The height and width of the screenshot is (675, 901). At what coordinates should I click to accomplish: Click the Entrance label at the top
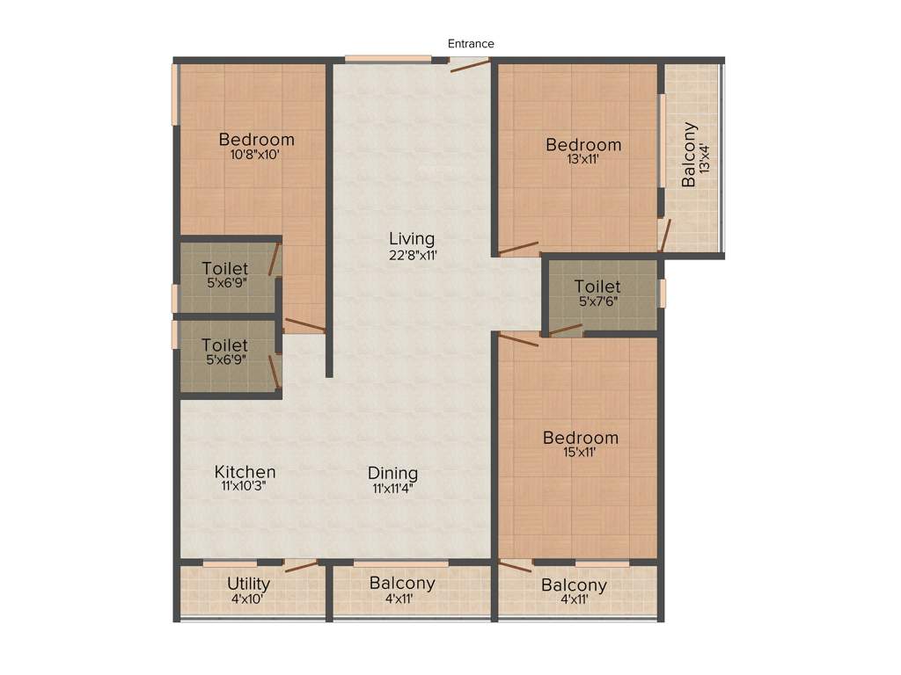pyautogui.click(x=471, y=43)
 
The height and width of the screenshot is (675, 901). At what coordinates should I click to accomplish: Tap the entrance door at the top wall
pyautogui.click(x=469, y=63)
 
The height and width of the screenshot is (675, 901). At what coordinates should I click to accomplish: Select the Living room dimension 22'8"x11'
pyautogui.click(x=412, y=255)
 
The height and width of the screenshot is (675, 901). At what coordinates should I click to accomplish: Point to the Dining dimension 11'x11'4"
pyautogui.click(x=392, y=490)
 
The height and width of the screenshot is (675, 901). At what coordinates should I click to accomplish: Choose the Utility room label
pyautogui.click(x=248, y=584)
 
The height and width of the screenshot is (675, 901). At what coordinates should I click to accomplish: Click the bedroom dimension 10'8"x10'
pyautogui.click(x=256, y=155)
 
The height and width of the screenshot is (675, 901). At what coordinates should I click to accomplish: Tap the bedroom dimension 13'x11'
pyautogui.click(x=582, y=160)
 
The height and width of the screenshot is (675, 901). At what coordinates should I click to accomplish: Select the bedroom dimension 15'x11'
pyautogui.click(x=580, y=453)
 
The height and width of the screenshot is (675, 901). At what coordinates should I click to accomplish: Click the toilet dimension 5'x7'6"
pyautogui.click(x=597, y=301)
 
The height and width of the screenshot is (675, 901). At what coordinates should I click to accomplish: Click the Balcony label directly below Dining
pyautogui.click(x=402, y=584)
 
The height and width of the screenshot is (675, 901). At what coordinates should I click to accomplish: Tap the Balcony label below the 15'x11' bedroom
pyautogui.click(x=574, y=585)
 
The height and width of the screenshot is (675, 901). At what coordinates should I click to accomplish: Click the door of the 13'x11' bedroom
pyautogui.click(x=518, y=249)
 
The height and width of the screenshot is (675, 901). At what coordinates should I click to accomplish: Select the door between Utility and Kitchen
pyautogui.click(x=300, y=565)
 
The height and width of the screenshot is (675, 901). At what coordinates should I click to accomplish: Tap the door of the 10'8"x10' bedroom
pyautogui.click(x=304, y=325)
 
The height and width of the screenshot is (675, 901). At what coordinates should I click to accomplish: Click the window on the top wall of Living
pyautogui.click(x=387, y=60)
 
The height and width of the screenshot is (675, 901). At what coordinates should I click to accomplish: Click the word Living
pyautogui.click(x=412, y=239)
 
